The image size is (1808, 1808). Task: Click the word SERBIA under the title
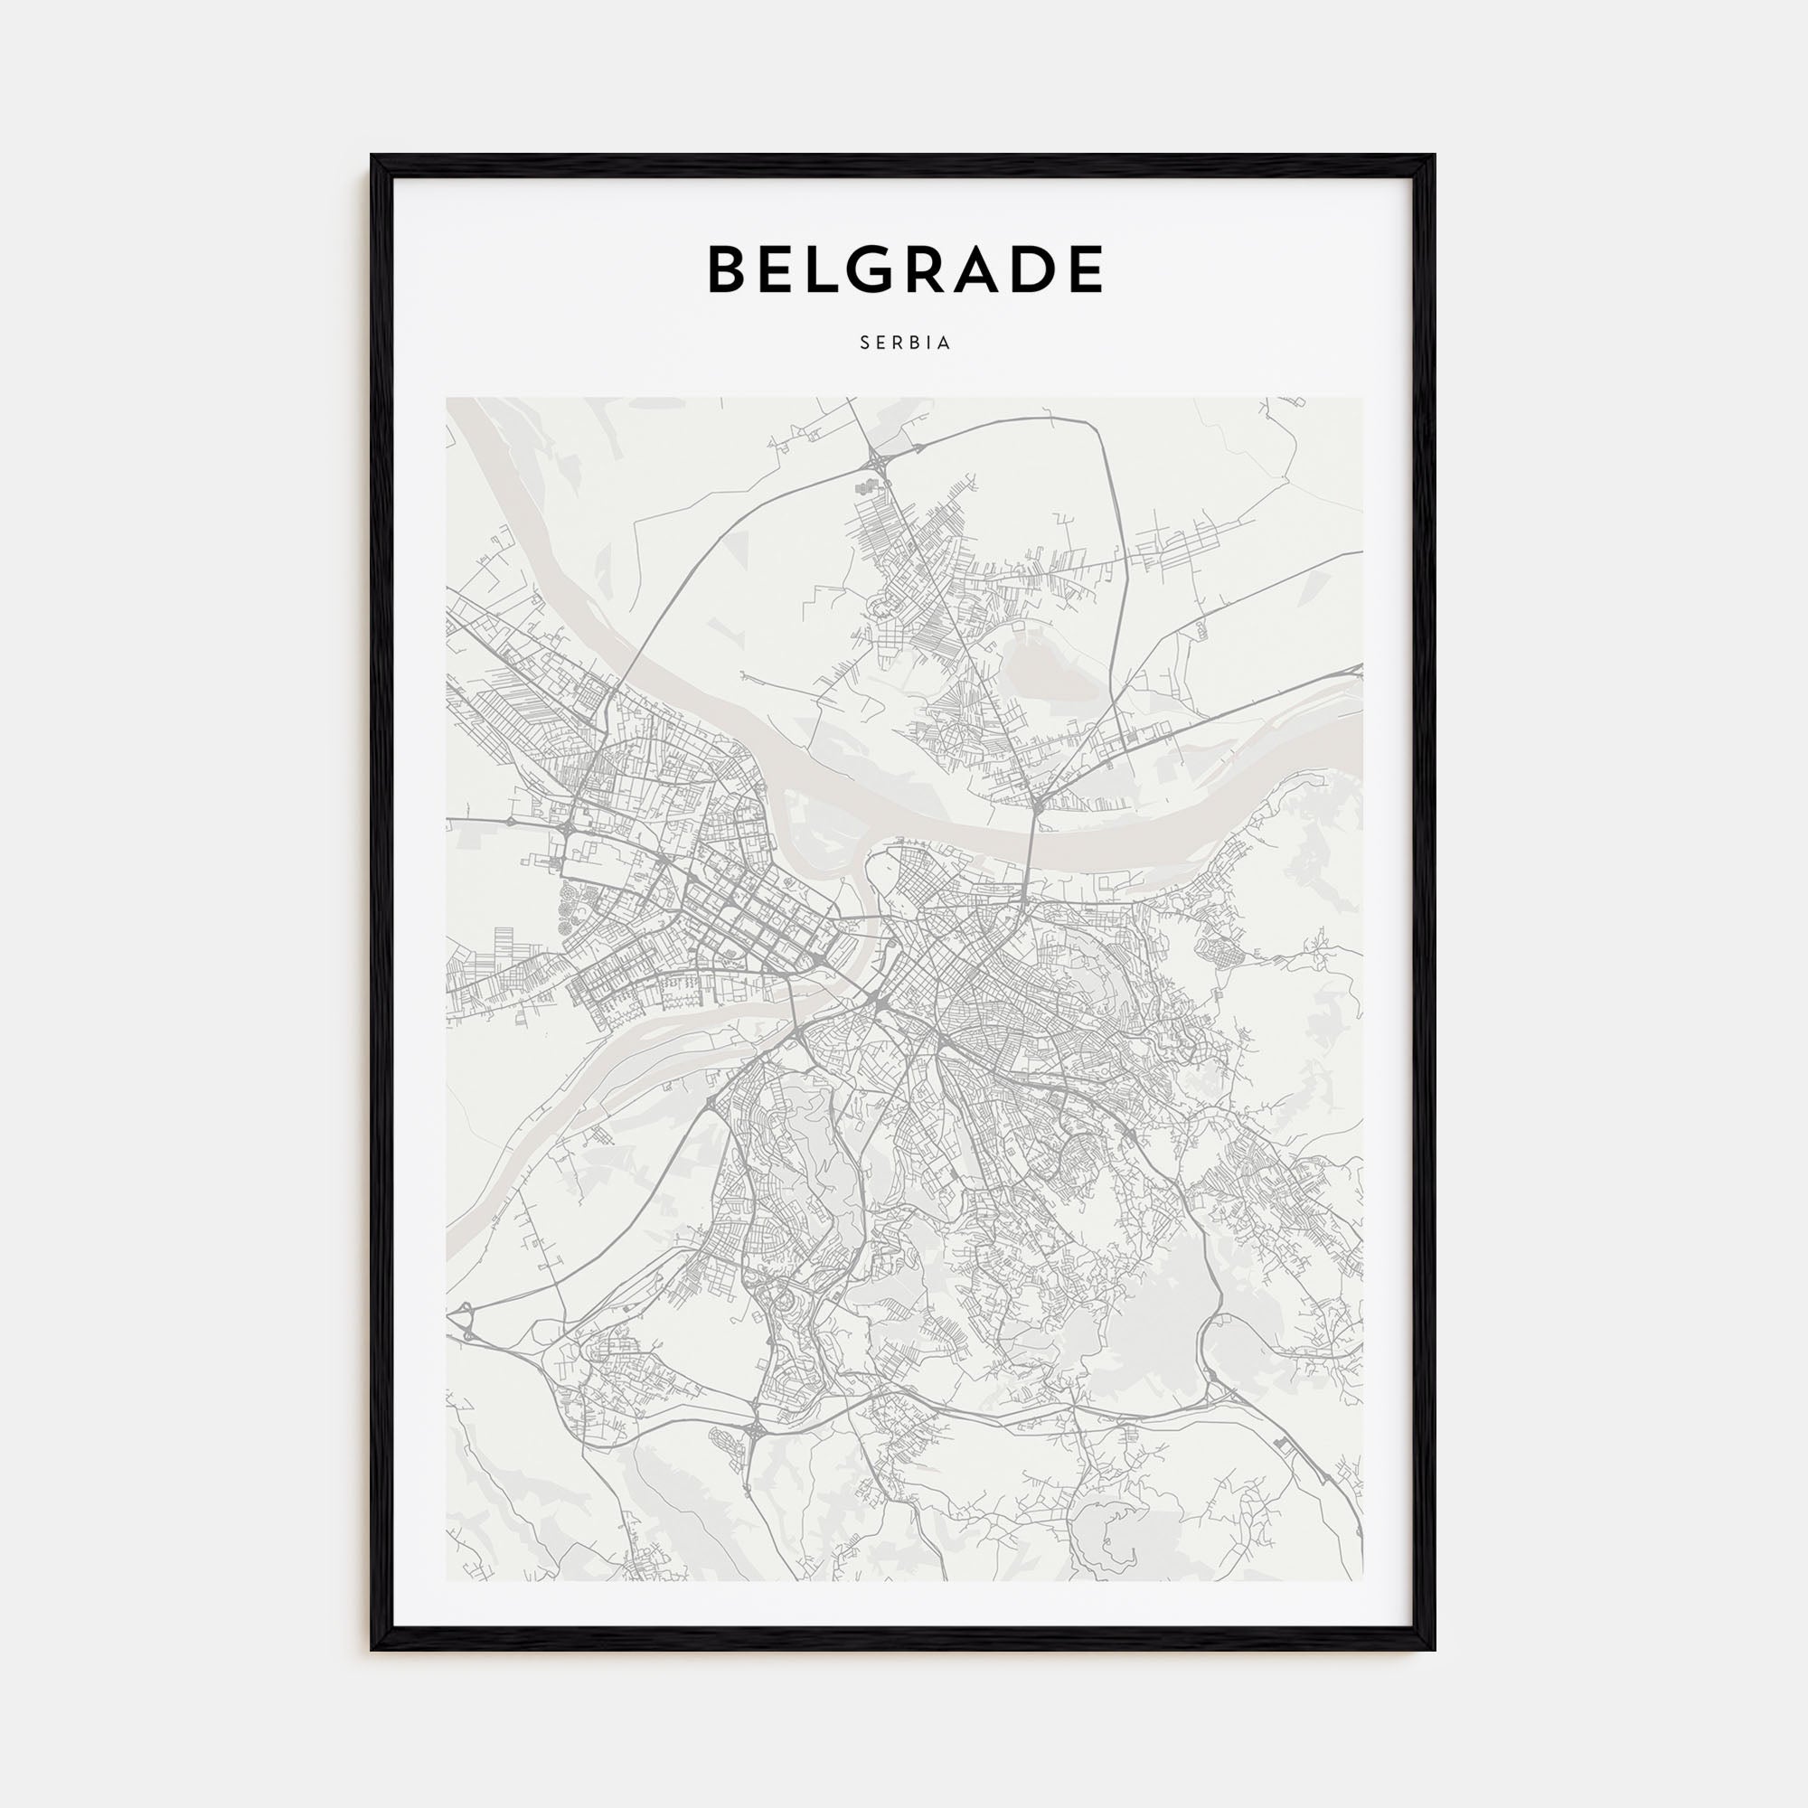[905, 344]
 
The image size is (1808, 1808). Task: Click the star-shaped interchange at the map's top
[878, 458]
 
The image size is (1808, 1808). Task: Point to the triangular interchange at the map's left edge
[460, 1323]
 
